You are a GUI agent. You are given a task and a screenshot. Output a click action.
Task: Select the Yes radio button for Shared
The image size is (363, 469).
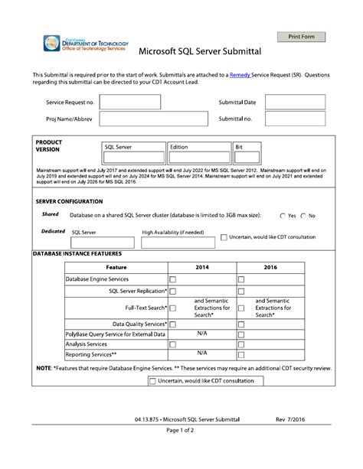[283, 216]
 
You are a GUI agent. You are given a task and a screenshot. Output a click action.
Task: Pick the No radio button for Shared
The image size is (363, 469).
[304, 216]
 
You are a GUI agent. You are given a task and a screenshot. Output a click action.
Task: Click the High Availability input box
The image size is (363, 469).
[178, 243]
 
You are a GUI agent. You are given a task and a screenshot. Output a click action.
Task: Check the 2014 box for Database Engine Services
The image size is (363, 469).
[172, 280]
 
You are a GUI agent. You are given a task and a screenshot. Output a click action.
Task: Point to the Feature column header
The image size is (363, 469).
[116, 267]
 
